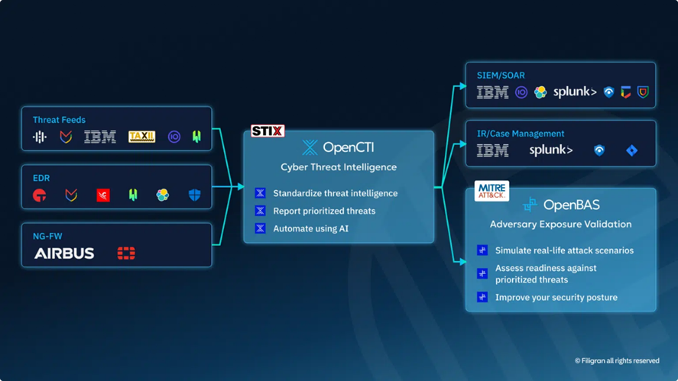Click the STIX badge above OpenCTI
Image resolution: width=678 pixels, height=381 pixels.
[x=268, y=131]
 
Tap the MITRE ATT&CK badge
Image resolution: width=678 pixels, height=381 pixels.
[x=491, y=190]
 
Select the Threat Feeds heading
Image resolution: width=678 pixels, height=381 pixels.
[x=59, y=120]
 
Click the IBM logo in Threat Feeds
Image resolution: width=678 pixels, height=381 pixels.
[x=100, y=137]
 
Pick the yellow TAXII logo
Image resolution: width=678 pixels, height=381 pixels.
[x=141, y=137]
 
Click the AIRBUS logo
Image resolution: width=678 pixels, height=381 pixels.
[x=64, y=253]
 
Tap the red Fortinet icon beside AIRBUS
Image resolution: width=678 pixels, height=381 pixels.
[x=126, y=253]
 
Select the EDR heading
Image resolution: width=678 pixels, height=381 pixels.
[x=41, y=178]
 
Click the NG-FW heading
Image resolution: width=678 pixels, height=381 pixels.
[x=47, y=236]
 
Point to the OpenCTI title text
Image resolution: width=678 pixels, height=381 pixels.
[x=348, y=147]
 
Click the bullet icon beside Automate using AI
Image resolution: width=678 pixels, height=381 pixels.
[x=260, y=228]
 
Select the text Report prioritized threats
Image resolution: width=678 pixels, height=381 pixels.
[x=324, y=211]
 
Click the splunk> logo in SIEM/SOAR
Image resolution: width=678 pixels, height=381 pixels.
[x=575, y=92]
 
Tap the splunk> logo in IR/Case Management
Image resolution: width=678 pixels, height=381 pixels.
[x=550, y=150]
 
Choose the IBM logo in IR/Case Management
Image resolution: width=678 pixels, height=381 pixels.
[x=492, y=150]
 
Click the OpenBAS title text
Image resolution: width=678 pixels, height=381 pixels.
[x=570, y=205]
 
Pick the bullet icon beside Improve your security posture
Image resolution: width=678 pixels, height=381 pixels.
[x=482, y=297]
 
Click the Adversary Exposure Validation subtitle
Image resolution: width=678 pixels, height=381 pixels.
[x=560, y=224]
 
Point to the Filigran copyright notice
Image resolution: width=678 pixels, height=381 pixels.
[x=617, y=361]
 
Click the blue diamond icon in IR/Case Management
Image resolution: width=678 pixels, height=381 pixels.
[x=631, y=150]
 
